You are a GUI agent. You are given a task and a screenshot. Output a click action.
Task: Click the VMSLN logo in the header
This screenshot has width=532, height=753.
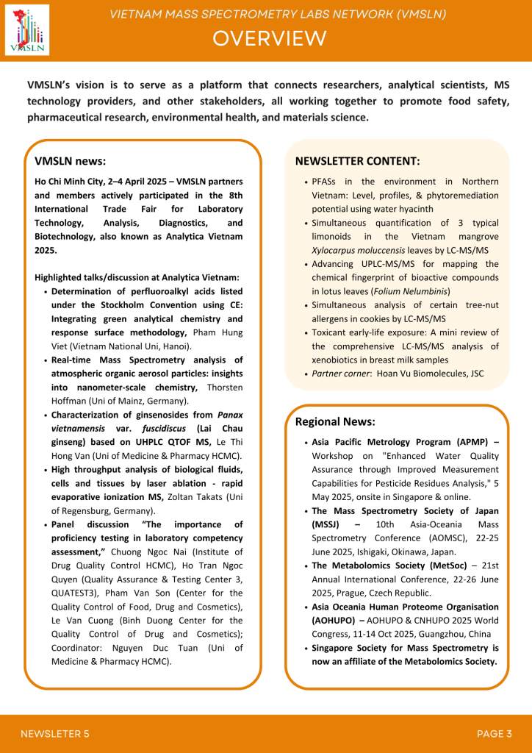coord(27,30)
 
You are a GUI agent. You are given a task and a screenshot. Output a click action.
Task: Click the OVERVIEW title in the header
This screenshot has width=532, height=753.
coord(269,38)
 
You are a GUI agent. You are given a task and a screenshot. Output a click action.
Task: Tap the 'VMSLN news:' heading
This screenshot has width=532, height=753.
coord(71,161)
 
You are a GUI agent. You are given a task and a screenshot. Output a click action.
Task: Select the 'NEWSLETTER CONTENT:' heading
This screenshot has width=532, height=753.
coord(358,161)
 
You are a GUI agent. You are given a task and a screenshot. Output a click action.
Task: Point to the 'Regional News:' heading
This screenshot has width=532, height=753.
coord(335,422)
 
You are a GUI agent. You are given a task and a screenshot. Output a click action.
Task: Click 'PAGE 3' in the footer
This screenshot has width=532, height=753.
coord(494,733)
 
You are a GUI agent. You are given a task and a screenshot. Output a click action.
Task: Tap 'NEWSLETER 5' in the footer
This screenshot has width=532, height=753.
coord(55,733)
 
